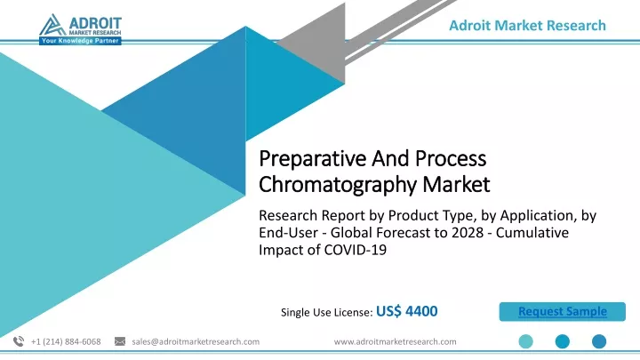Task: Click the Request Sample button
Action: [562, 311]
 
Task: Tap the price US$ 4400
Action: [406, 311]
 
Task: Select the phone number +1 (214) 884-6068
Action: [66, 341]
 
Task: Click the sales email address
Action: [196, 341]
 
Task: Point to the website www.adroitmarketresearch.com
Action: [395, 341]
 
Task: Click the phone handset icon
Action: [19, 341]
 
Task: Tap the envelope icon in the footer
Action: [120, 341]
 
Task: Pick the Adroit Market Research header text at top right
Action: [527, 25]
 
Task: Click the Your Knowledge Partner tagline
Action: [80, 41]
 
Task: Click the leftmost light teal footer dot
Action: [525, 341]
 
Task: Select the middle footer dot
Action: [563, 341]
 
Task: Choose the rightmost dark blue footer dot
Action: [599, 341]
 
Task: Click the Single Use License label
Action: [326, 312]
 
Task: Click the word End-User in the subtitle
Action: [289, 232]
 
